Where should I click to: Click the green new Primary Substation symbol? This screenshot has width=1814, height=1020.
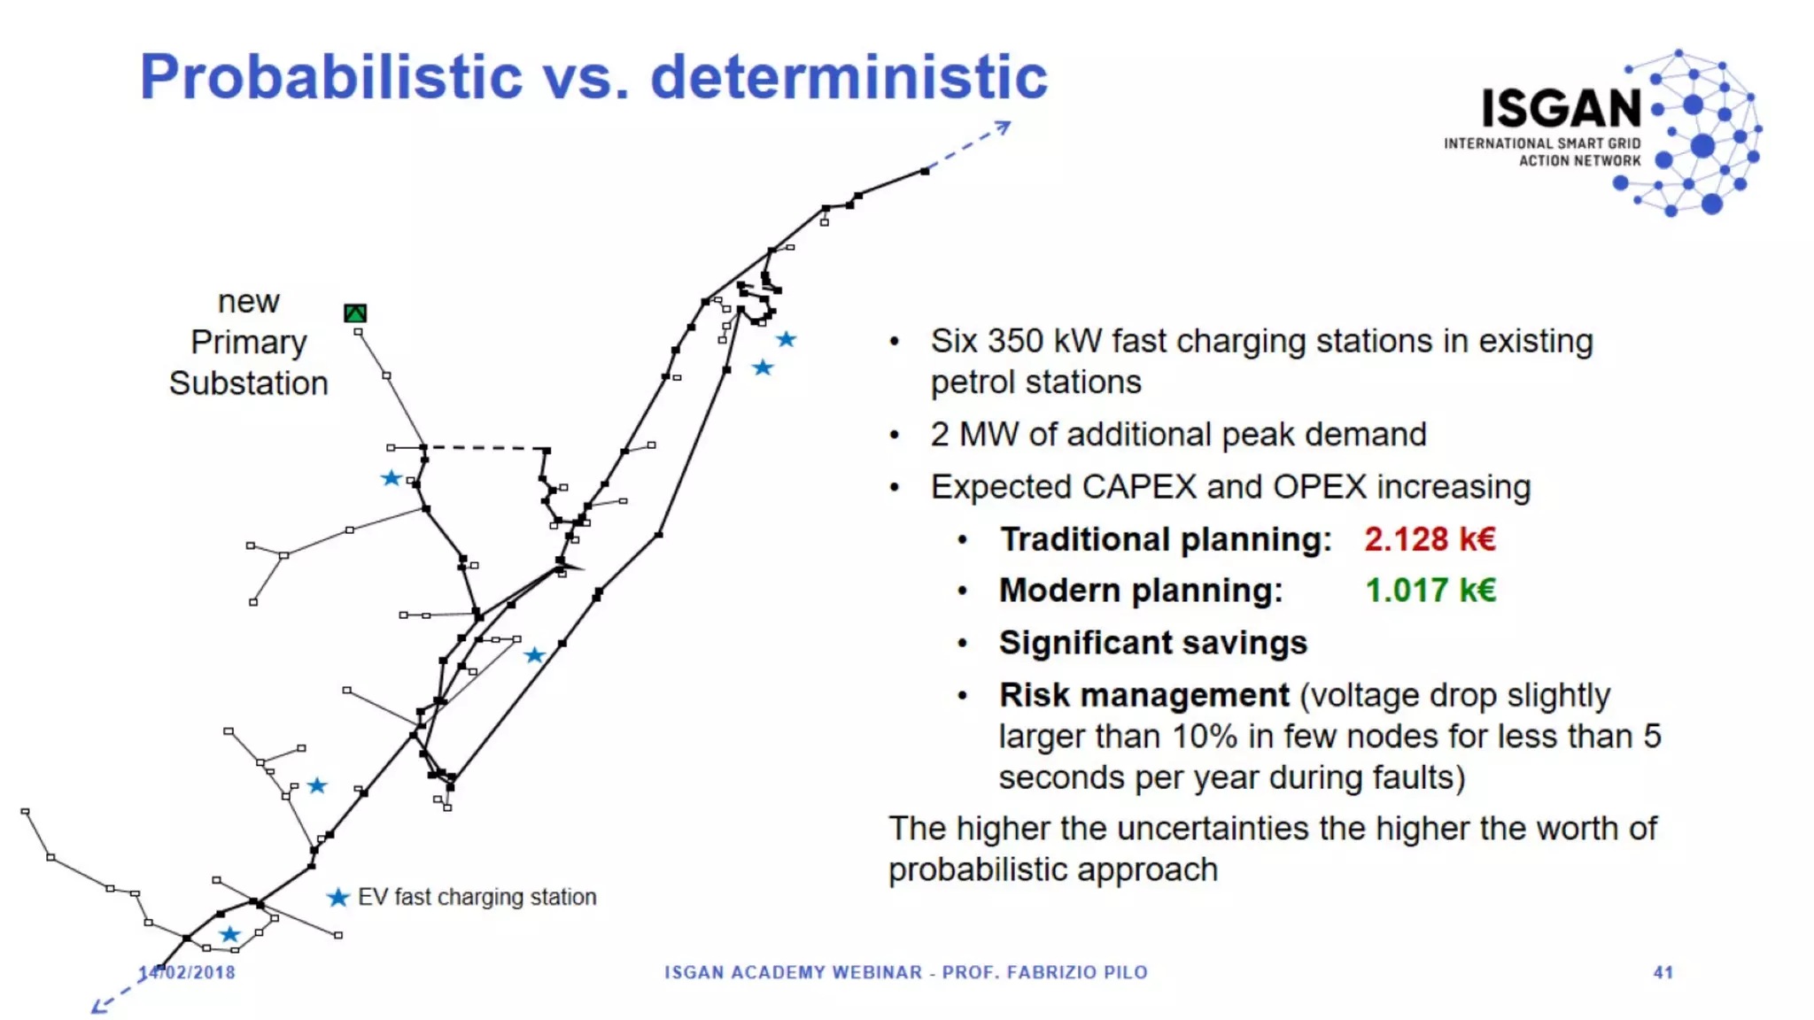pyautogui.click(x=355, y=313)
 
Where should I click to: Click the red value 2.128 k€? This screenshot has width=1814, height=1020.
pyautogui.click(x=1429, y=539)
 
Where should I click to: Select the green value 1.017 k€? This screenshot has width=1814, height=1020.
pyautogui.click(x=1430, y=591)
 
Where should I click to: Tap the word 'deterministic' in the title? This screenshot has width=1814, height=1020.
pyautogui.click(x=849, y=77)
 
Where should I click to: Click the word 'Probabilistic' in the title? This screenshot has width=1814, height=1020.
pyautogui.click(x=331, y=77)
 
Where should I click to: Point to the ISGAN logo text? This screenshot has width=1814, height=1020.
pyautogui.click(x=1561, y=109)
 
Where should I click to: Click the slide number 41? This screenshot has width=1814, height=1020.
pyautogui.click(x=1663, y=972)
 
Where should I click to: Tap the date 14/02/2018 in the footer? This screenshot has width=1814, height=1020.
pyautogui.click(x=188, y=972)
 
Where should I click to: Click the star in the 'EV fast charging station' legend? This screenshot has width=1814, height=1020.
pyautogui.click(x=337, y=898)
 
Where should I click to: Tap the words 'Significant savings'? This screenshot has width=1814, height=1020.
pyautogui.click(x=1152, y=643)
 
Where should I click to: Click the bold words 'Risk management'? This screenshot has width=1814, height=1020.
pyautogui.click(x=1143, y=695)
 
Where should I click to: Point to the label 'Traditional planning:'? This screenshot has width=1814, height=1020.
pyautogui.click(x=1166, y=539)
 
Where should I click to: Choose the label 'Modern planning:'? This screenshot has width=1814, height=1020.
pyautogui.click(x=1141, y=591)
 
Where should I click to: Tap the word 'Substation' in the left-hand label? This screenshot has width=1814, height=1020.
pyautogui.click(x=249, y=383)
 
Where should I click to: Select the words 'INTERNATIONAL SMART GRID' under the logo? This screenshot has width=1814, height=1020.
pyautogui.click(x=1541, y=143)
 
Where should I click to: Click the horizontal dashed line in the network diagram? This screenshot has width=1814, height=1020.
pyautogui.click(x=485, y=448)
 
